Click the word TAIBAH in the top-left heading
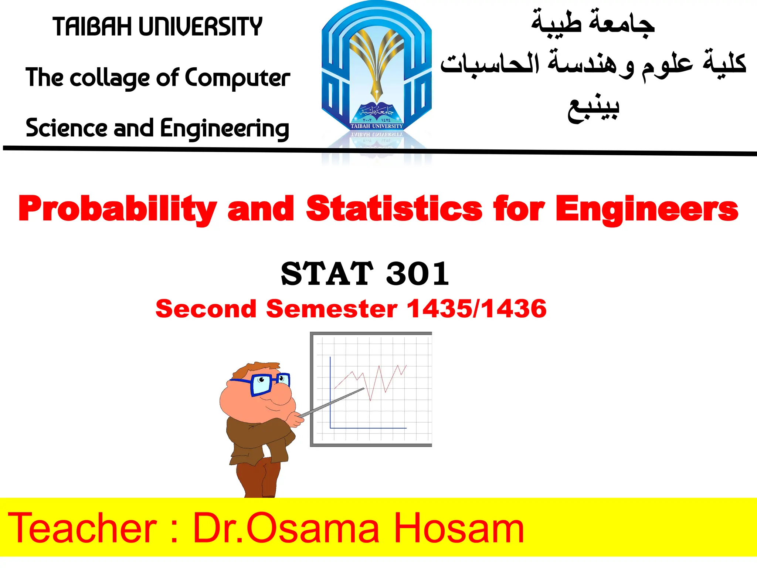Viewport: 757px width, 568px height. pyautogui.click(x=92, y=27)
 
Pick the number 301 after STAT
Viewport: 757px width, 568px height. pyautogui.click(x=418, y=274)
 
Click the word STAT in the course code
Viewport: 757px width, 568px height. pyautogui.click(x=327, y=274)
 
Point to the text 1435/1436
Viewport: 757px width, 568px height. pyautogui.click(x=476, y=309)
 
